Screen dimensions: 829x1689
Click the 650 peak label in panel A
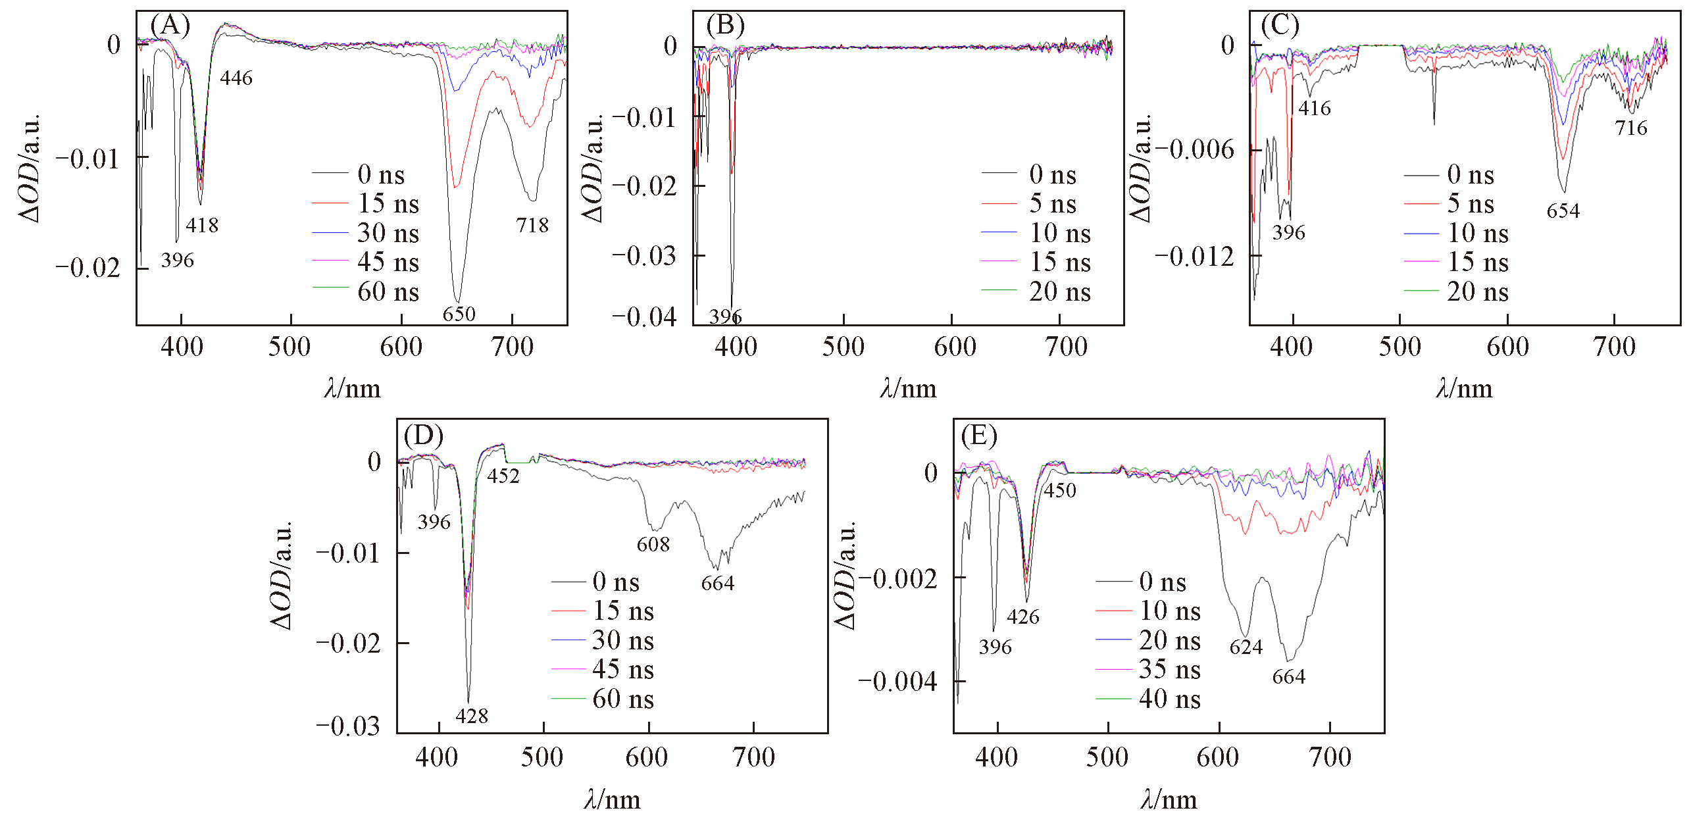[459, 314]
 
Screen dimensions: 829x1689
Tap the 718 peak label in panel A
[532, 226]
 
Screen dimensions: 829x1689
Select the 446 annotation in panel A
[236, 78]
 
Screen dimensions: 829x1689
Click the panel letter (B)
[725, 26]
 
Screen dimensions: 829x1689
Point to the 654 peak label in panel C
[1563, 211]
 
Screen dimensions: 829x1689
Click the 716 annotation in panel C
[1631, 128]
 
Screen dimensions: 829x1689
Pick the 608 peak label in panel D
[653, 544]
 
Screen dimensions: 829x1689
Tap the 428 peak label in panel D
[472, 716]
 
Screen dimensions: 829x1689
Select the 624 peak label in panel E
[1246, 647]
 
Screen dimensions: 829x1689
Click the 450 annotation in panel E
[1060, 490]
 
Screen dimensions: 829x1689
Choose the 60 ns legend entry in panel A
[388, 291]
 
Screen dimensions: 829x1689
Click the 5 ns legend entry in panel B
[1052, 204]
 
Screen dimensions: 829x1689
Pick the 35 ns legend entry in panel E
[1169, 670]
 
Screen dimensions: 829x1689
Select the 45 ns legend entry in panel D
[622, 669]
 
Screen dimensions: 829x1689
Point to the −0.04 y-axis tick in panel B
[644, 317]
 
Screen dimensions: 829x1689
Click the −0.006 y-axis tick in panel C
[1195, 150]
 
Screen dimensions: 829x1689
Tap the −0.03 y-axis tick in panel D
[348, 726]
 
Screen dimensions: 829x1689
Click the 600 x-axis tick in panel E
[1219, 757]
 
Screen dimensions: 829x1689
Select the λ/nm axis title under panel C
[1464, 389]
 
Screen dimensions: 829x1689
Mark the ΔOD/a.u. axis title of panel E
[845, 576]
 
